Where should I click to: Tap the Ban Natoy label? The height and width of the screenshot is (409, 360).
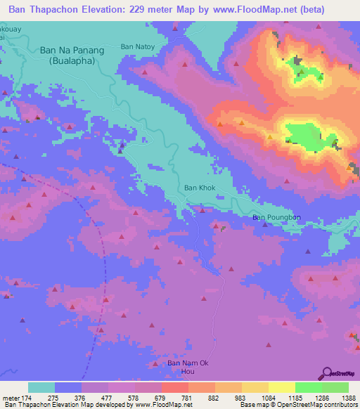pos(137,46)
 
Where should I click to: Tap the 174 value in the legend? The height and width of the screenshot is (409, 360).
pos(27,398)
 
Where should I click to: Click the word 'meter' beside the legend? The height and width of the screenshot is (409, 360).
pos(10,398)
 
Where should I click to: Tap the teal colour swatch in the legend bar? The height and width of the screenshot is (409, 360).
pos(41,387)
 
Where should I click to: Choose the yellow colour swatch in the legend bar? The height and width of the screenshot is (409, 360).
pos(255,387)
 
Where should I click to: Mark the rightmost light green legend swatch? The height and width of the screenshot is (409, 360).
pos(335,387)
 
